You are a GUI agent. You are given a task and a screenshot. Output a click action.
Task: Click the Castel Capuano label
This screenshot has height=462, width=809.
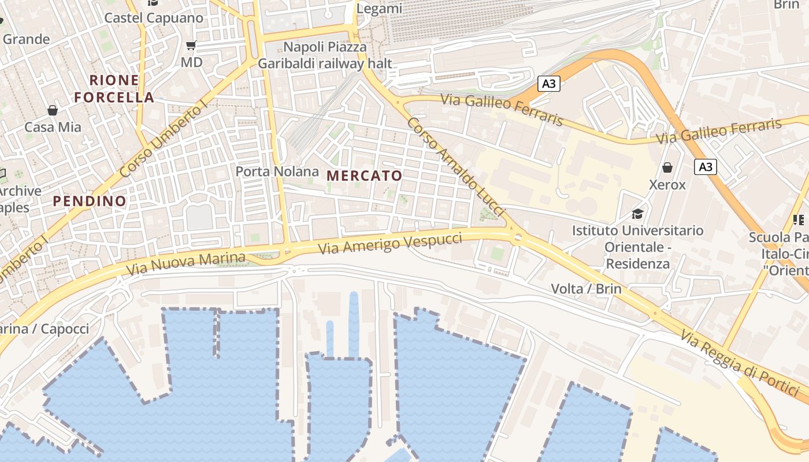(154, 18)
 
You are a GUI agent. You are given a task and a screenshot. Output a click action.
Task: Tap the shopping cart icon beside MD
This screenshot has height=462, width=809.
(191, 45)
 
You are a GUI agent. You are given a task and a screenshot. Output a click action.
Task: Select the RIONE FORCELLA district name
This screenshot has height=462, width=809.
(114, 88)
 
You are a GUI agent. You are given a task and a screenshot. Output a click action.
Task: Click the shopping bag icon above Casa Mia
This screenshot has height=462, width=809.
(53, 110)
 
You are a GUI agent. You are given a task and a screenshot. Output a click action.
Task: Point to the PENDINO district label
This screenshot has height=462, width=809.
(90, 201)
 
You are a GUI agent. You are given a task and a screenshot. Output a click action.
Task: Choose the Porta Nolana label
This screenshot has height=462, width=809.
(277, 172)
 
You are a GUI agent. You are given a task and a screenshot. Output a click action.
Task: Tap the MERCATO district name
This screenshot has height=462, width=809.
(364, 176)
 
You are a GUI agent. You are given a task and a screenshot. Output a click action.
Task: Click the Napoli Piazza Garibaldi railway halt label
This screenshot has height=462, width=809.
(325, 55)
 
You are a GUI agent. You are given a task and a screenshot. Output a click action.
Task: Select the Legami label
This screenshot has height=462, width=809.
(379, 9)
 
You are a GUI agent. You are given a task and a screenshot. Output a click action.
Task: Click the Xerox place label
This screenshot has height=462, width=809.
(667, 185)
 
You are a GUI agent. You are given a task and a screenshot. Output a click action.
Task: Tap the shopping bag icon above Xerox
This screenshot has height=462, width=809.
(667, 167)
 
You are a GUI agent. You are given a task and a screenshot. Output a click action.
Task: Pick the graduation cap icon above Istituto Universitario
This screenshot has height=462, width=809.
(637, 214)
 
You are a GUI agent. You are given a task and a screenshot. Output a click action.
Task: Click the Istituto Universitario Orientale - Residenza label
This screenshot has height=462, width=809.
(638, 247)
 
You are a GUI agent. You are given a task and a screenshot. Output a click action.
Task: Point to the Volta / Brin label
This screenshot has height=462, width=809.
(587, 289)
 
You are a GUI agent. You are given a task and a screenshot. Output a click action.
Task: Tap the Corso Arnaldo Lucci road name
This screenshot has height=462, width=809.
(455, 167)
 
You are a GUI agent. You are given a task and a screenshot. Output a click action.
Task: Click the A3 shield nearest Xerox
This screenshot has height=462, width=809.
(706, 167)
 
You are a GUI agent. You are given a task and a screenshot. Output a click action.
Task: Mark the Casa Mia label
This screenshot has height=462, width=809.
(53, 127)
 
